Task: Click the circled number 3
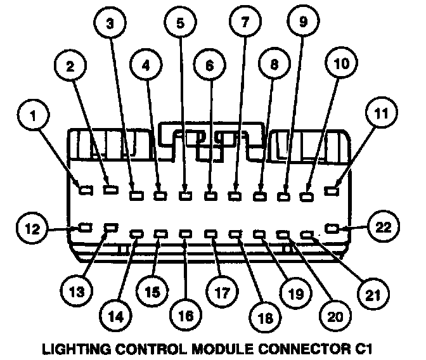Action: (110, 25)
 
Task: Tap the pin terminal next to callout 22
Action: (332, 228)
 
